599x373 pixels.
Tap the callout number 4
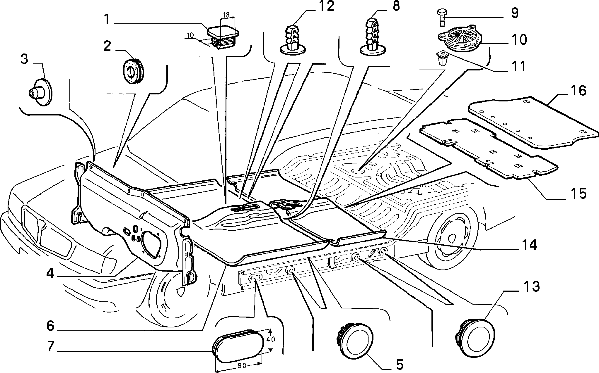pos(50,274)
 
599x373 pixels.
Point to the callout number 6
pos(50,326)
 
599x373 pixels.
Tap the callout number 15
pos(576,194)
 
